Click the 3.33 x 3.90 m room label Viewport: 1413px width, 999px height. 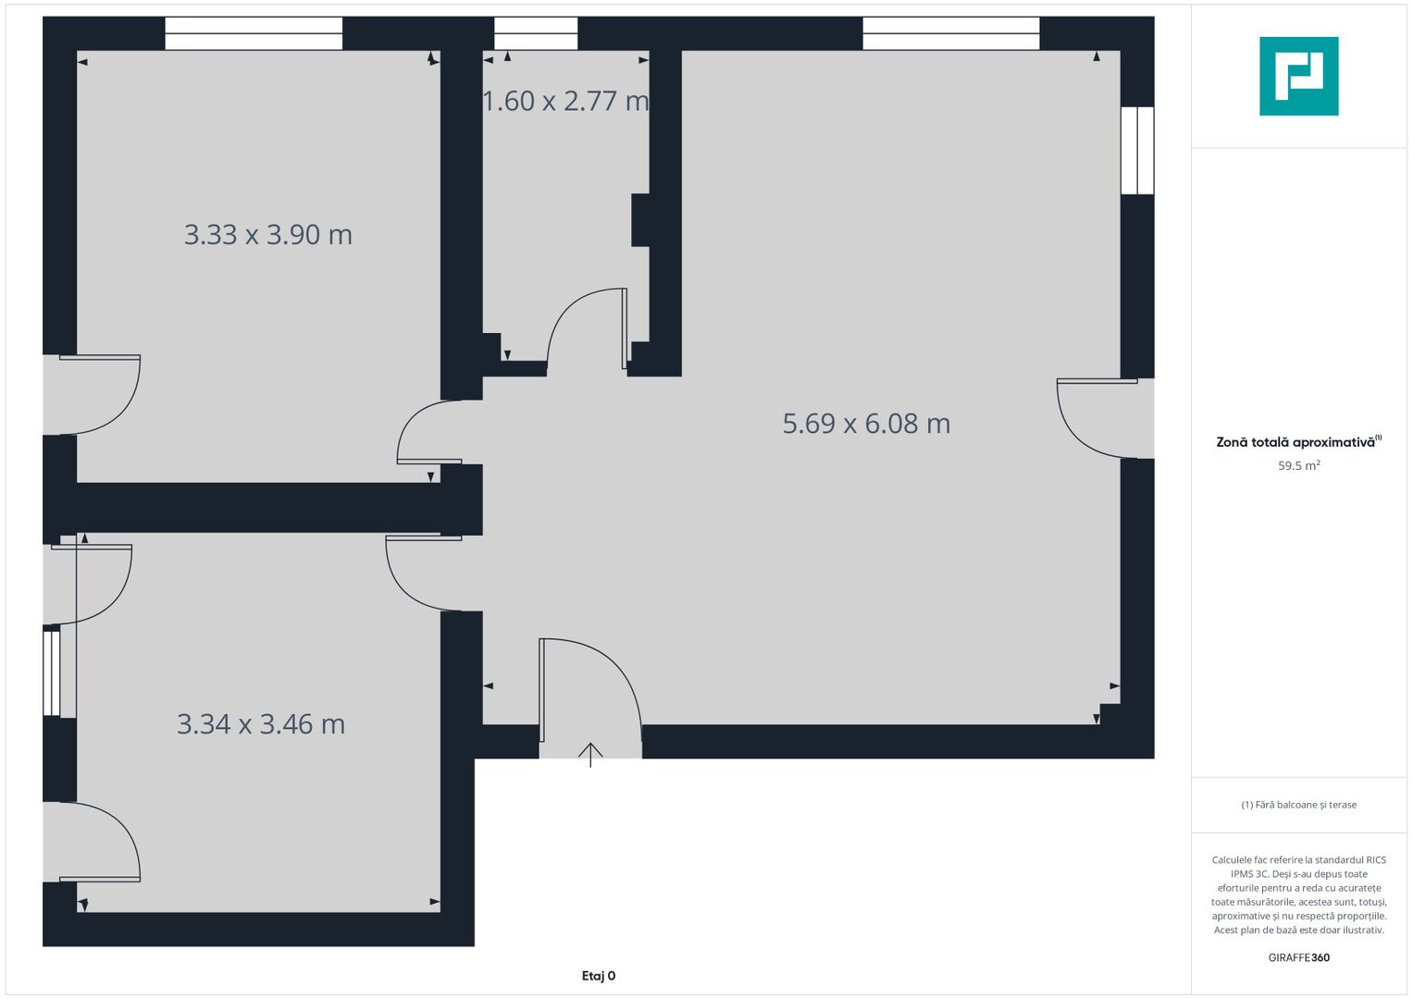pos(268,235)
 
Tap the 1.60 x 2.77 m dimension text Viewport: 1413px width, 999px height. pos(565,101)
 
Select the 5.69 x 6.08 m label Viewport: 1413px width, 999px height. pos(866,424)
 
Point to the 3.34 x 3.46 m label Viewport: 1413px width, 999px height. pos(261,724)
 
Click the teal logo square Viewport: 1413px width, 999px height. pos(1299,76)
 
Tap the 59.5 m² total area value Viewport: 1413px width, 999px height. pos(1299,465)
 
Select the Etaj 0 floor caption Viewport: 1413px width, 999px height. pos(599,976)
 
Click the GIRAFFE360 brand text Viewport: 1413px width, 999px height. pos(1299,957)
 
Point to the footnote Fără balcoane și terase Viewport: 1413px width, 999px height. pos(1299,805)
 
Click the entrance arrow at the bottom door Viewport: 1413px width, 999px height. pos(590,755)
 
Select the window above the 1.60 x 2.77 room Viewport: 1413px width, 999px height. pos(536,33)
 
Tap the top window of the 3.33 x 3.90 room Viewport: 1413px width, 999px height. pos(254,33)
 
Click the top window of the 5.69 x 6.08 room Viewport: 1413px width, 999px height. pos(950,33)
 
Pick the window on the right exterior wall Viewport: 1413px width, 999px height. pos(1137,150)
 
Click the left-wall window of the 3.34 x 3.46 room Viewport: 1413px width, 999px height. pos(52,673)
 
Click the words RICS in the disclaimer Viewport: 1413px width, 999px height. pos(1376,859)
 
